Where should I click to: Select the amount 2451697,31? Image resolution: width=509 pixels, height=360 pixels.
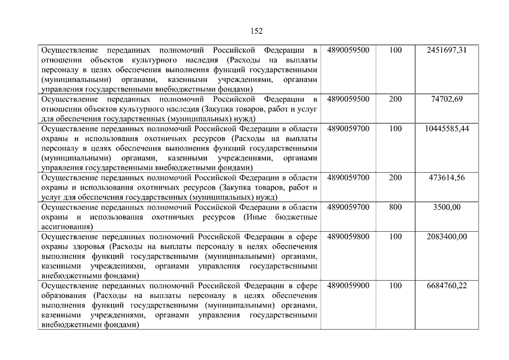coord(447,50)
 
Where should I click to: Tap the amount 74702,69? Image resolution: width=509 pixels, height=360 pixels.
coord(447,98)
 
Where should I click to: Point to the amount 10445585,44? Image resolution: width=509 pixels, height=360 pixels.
coord(447,128)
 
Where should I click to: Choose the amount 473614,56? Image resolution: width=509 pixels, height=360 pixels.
coord(447,177)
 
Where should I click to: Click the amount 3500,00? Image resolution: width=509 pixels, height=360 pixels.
coord(447,207)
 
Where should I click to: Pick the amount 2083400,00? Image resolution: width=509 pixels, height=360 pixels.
coord(447,236)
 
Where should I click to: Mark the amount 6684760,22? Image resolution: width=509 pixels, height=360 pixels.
coord(447,285)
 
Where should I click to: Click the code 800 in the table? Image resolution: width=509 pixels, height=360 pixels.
coord(395,207)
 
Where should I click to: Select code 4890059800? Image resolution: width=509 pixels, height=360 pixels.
coord(348,236)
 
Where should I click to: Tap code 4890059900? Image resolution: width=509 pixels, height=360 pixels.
coord(348,285)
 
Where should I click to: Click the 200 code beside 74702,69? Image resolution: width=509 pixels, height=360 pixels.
coord(395,98)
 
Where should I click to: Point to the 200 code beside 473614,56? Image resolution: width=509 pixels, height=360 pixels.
coord(395,177)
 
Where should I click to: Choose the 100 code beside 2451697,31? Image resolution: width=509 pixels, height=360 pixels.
coord(395,50)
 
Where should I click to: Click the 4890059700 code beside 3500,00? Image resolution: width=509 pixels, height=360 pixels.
coord(348,207)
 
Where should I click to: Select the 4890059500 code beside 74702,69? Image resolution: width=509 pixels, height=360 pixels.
coord(348,98)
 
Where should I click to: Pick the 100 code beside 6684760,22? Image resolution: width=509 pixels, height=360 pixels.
coord(395,285)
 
